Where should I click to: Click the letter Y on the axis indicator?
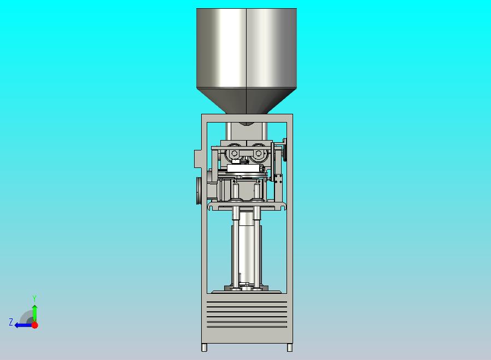(34, 298)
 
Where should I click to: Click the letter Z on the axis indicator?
(11, 322)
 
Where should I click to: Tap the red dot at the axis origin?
(35, 325)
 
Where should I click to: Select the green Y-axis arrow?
(35, 313)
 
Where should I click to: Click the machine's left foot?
(204, 347)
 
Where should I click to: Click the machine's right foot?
(290, 347)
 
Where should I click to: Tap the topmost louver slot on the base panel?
(247, 302)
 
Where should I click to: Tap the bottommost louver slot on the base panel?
(247, 327)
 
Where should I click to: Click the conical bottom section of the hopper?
(247, 101)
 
